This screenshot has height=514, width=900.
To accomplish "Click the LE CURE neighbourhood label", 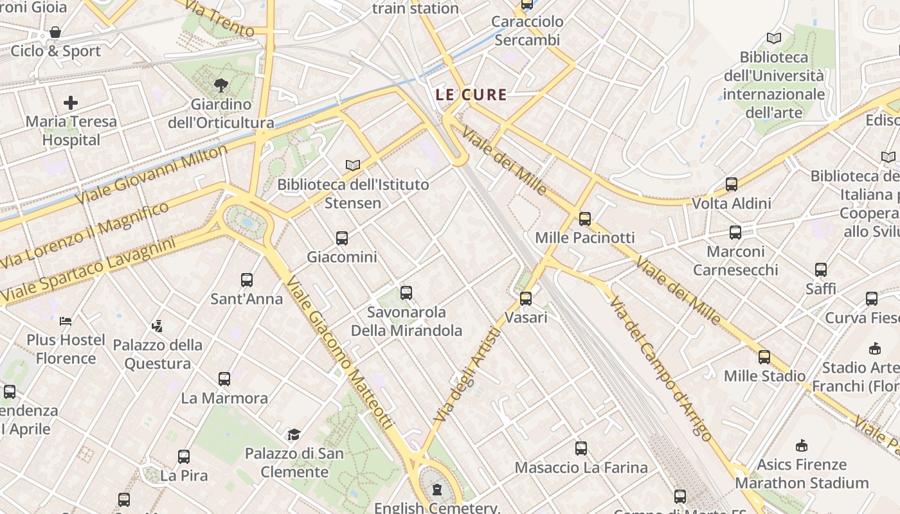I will [471, 94].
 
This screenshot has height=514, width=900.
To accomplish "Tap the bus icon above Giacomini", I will [342, 238].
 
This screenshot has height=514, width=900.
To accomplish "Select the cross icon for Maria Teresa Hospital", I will [71, 103].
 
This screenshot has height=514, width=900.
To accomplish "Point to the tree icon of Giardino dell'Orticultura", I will [221, 85].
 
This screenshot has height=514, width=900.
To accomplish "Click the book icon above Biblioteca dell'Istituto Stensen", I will [352, 166].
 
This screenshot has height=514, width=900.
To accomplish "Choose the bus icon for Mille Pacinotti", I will [584, 218].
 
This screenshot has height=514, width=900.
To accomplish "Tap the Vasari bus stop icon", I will [526, 298].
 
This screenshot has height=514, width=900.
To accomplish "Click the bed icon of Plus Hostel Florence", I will [66, 321].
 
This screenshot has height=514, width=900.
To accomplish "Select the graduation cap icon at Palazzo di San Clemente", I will [294, 435].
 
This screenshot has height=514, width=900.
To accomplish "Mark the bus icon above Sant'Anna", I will [247, 280].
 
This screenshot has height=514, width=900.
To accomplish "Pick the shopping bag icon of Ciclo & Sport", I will [55, 32].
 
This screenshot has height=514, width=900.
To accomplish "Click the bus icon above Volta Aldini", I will [732, 184].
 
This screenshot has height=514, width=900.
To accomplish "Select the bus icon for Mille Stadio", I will [764, 357].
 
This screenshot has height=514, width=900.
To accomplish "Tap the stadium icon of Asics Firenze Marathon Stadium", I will [802, 445].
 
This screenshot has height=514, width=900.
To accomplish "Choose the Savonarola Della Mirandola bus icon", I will [406, 293].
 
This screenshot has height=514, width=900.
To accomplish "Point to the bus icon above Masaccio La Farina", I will [581, 448].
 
